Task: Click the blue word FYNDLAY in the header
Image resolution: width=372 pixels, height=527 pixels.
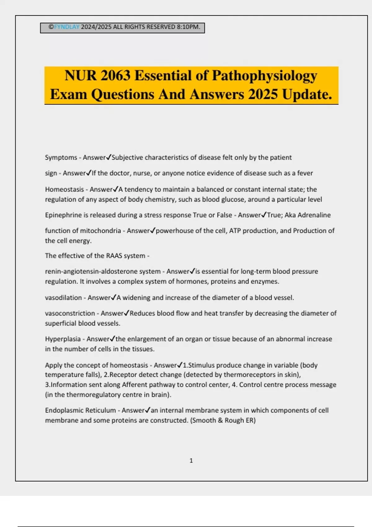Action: click(x=67, y=27)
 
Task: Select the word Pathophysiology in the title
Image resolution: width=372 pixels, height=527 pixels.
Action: click(x=264, y=76)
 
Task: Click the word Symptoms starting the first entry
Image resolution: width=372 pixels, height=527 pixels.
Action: click(x=61, y=157)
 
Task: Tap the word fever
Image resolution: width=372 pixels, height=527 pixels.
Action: click(x=305, y=173)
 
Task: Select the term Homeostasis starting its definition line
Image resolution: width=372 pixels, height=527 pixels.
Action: click(x=64, y=189)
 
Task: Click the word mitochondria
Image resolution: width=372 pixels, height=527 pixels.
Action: click(x=100, y=231)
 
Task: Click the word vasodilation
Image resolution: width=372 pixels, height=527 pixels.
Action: click(x=63, y=298)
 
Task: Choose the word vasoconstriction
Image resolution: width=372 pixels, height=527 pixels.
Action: click(x=70, y=313)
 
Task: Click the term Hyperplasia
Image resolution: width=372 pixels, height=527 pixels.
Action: click(x=63, y=339)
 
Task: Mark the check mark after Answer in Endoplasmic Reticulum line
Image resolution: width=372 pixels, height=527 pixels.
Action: click(x=148, y=410)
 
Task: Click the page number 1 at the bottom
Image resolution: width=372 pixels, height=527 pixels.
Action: click(x=191, y=461)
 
